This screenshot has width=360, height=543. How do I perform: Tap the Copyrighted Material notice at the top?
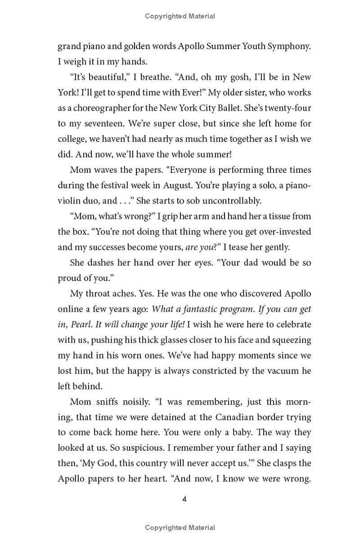180,16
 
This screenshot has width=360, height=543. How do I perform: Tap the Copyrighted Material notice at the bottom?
180,528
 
